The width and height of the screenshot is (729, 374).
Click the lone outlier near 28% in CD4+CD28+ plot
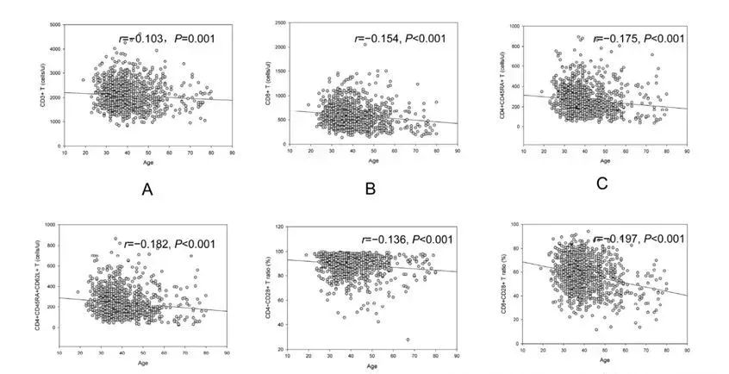tap(408, 339)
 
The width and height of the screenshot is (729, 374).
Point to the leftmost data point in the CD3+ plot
tap(83, 80)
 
